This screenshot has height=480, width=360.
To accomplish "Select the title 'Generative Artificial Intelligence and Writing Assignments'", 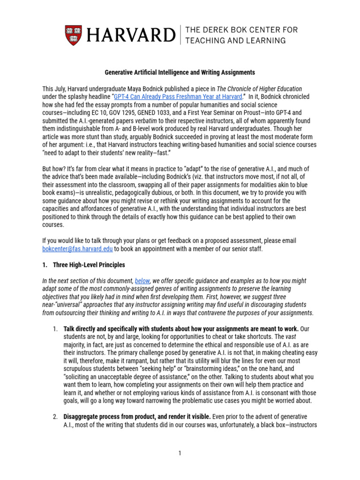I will point(179,73).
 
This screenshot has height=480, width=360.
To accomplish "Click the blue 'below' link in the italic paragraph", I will point(142,281).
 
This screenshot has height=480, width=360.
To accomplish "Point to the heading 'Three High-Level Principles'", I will point(89,265).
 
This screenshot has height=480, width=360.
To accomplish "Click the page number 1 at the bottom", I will point(180,453).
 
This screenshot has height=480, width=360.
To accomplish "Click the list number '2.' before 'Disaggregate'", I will point(55,416).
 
